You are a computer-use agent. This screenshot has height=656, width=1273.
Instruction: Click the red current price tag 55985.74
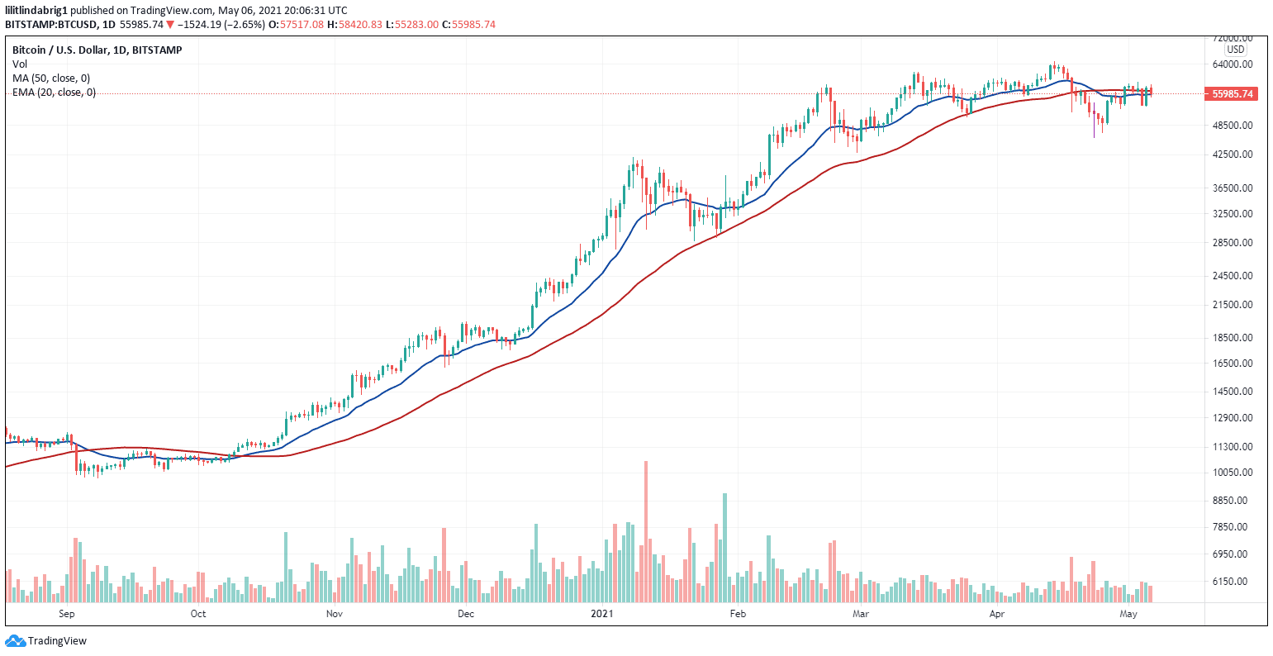pos(1232,94)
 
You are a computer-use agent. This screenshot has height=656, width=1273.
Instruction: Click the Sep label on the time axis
pos(67,614)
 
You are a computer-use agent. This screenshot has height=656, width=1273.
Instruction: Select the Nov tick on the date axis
pos(334,614)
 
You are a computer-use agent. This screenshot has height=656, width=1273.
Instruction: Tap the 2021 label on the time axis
pos(601,614)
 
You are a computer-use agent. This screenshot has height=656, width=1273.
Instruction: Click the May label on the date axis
pos(1128,614)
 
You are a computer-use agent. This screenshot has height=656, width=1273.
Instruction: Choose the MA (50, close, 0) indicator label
pos(51,78)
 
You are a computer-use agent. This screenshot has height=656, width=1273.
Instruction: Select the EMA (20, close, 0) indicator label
pos(54,93)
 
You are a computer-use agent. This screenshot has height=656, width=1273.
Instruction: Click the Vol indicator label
pos(19,64)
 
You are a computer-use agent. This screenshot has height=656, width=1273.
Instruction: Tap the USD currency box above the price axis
pos(1235,50)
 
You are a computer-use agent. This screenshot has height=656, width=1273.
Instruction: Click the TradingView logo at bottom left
pos(46,641)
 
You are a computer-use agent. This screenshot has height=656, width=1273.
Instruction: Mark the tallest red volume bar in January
pos(646,533)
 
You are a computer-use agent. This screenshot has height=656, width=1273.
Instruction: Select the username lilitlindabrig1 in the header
pos(36,10)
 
